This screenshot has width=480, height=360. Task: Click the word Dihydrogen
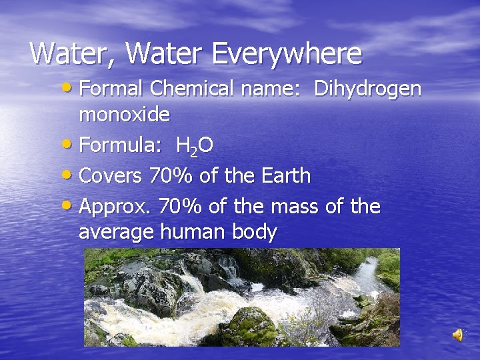coord(367,89)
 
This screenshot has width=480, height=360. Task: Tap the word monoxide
coord(124,114)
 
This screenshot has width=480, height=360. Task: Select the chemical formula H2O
coord(195,145)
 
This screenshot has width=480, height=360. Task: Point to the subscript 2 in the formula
coord(192,151)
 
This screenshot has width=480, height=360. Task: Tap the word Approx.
coord(114,207)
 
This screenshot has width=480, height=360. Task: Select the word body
coord(253,232)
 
